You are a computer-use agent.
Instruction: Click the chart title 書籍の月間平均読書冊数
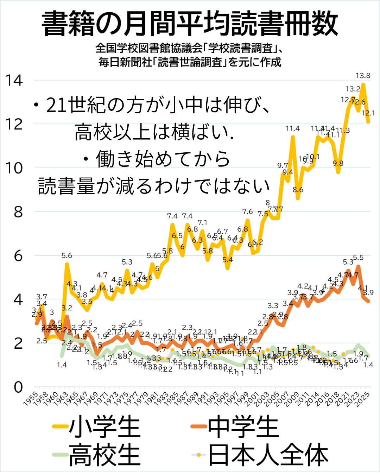(190, 24)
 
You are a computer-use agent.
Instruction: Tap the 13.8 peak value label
(363, 76)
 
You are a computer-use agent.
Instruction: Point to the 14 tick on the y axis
(14, 81)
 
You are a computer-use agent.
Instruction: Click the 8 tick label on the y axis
(18, 212)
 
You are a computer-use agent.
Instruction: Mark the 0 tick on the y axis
(18, 387)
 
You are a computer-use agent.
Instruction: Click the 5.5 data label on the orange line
(358, 258)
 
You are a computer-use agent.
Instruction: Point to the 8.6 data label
(298, 190)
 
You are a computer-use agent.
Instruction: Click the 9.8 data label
(338, 163)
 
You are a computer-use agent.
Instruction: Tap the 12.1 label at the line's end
(368, 113)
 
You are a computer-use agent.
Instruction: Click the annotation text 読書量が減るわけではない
(154, 186)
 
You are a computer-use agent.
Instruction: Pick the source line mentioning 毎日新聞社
(190, 62)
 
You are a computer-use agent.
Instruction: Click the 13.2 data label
(353, 89)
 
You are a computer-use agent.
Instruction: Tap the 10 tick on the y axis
(14, 168)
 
